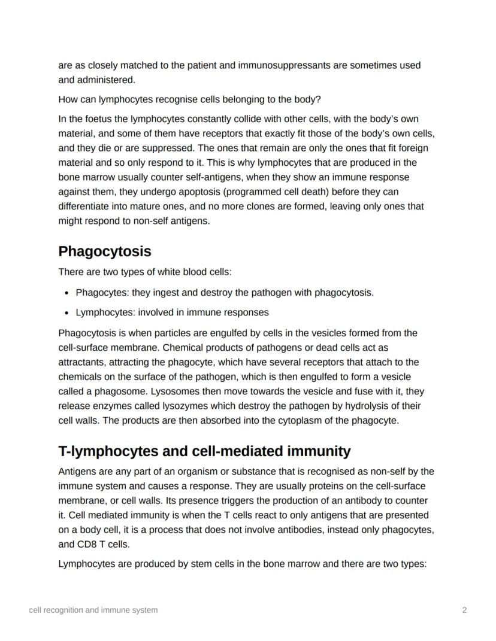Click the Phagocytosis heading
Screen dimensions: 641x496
104,251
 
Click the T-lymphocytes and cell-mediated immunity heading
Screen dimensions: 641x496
204,451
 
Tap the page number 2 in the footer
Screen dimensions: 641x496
464,610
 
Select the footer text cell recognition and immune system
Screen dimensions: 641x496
93,610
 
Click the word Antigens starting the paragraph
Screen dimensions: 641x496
76,471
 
